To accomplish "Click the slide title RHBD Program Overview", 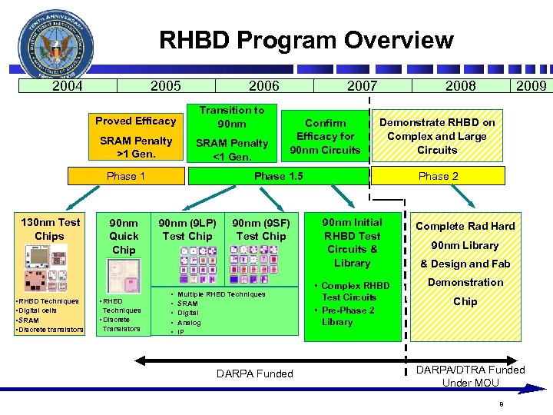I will point(306,40).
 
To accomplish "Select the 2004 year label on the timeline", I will point(68,86).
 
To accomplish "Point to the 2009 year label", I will point(531,86).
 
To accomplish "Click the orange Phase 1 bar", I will point(126,176).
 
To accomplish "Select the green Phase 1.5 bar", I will point(278,176).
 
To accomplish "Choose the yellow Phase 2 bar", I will point(439,176).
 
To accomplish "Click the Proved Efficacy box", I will point(135,121).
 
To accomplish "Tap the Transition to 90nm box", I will point(231,117).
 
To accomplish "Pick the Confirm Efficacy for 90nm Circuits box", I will point(326,136).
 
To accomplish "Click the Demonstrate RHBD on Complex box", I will point(437,136).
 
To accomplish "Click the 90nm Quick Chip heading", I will point(124,236).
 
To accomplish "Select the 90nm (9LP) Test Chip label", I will point(187,229).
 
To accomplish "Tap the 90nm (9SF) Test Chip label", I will point(261,229).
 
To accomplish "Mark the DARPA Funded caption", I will point(254,373).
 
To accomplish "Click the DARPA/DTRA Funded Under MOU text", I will point(470,376).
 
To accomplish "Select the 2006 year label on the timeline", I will point(264,86).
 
